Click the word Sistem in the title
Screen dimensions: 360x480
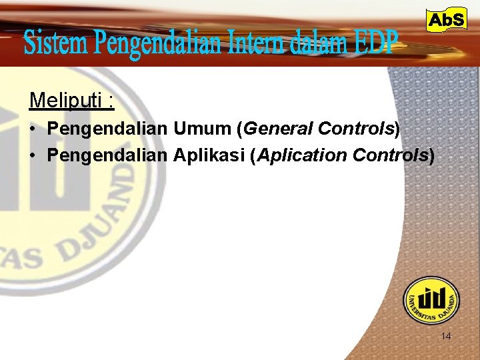(55, 44)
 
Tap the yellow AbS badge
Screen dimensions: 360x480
(446, 21)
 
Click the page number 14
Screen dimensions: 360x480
(446, 337)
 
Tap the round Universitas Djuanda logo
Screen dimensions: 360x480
(431, 301)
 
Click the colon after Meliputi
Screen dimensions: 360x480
(111, 102)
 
